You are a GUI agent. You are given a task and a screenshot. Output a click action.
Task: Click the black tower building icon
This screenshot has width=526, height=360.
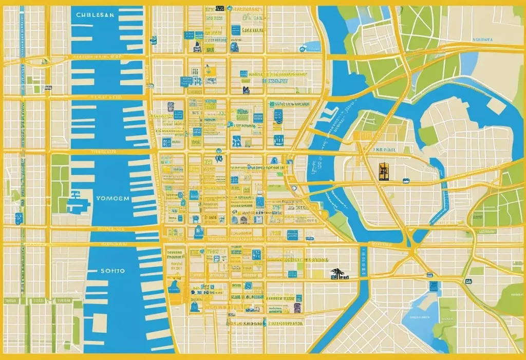click(x=383, y=171)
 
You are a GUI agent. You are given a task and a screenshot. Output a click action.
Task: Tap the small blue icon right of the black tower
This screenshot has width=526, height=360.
click(x=406, y=181)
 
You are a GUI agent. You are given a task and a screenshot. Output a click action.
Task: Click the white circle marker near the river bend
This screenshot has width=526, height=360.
click(x=294, y=189)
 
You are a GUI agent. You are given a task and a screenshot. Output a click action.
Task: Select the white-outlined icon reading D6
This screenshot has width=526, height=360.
click(x=468, y=281)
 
